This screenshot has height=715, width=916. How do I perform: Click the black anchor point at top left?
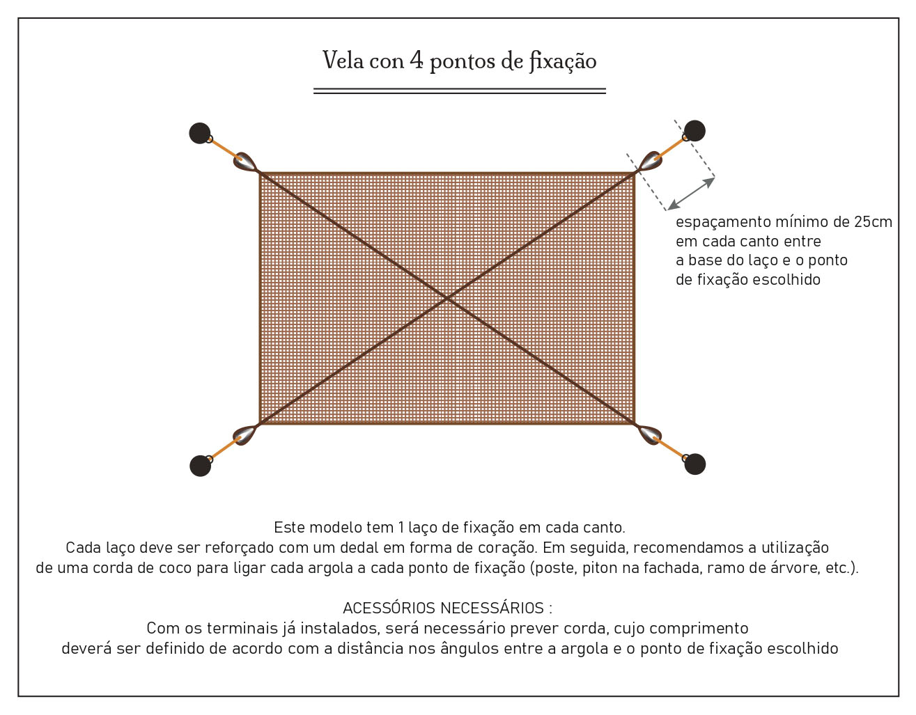click(x=200, y=133)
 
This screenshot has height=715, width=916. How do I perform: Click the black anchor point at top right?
click(x=694, y=131)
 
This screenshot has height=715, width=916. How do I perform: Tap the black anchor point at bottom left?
click(x=201, y=466)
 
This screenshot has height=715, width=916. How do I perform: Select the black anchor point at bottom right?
click(x=694, y=464)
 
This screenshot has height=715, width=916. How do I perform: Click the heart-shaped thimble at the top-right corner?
click(x=650, y=161)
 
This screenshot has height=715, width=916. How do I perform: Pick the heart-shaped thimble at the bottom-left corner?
click(x=244, y=435)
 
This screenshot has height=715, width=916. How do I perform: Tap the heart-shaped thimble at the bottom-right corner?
click(x=649, y=435)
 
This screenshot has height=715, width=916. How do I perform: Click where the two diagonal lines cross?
click(x=447, y=298)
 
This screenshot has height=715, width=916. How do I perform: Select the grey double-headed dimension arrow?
click(x=691, y=194)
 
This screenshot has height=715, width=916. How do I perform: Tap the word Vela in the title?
click(x=343, y=61)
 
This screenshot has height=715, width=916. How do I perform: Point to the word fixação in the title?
click(x=562, y=61)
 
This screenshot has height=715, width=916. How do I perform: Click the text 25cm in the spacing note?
click(x=873, y=222)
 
